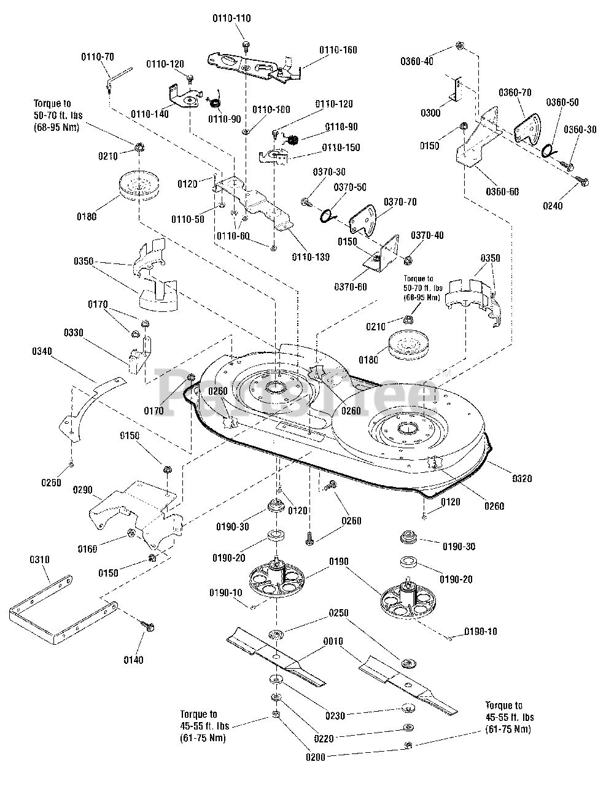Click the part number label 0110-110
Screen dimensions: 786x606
click(231, 19)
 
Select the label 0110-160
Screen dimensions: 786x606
click(338, 50)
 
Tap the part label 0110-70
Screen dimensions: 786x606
click(98, 57)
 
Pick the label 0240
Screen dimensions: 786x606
click(553, 206)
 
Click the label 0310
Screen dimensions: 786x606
click(39, 560)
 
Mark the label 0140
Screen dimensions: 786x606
click(133, 660)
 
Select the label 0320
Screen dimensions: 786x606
click(521, 479)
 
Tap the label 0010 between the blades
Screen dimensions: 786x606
click(333, 641)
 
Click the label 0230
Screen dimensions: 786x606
click(335, 715)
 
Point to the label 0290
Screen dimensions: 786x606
click(83, 490)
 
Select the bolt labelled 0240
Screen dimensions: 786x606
click(583, 179)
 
